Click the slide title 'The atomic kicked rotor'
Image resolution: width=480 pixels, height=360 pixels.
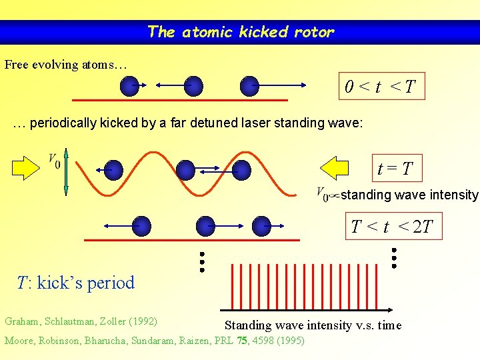pyautogui.click(x=240, y=31)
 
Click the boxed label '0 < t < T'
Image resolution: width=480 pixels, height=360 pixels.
pyautogui.click(x=381, y=86)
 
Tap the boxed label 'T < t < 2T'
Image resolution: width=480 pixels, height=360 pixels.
pyautogui.click(x=392, y=227)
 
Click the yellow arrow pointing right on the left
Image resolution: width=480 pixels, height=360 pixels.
pyautogui.click(x=27, y=169)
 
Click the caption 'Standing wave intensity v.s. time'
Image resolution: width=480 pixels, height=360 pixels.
pyautogui.click(x=313, y=325)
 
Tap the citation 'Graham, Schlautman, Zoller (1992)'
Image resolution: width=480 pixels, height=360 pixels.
pyautogui.click(x=81, y=321)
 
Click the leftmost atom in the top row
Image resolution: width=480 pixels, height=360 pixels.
pyautogui.click(x=129, y=85)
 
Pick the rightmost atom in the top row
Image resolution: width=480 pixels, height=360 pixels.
pyautogui.click(x=249, y=85)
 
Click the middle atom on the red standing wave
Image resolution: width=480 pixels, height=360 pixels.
pyautogui.click(x=186, y=169)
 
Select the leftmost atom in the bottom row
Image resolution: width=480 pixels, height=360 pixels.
pyautogui.click(x=142, y=225)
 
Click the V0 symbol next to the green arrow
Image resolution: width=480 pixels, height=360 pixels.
pyautogui.click(x=53, y=161)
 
